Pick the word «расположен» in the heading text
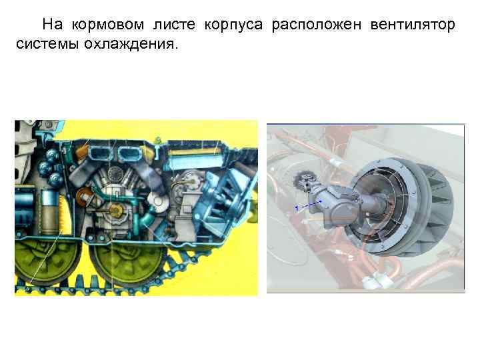tap(311, 25)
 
